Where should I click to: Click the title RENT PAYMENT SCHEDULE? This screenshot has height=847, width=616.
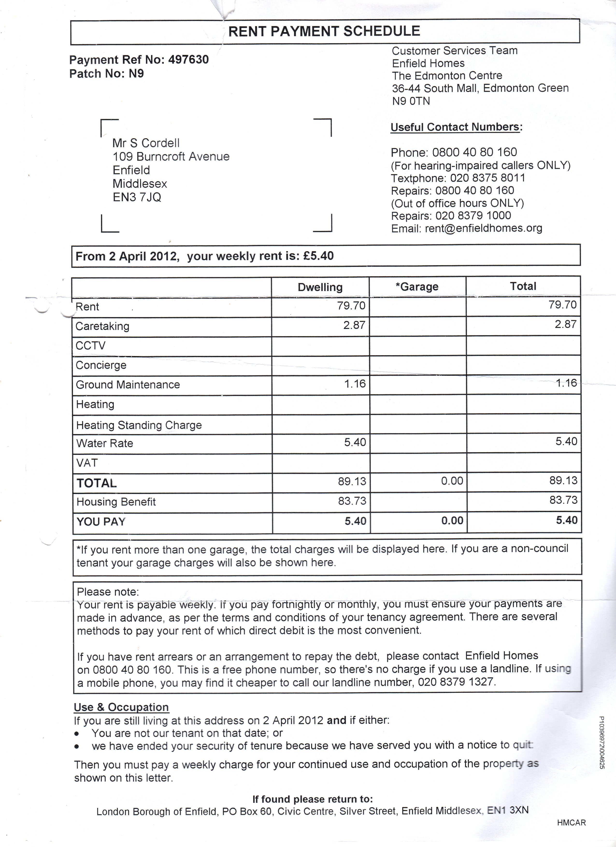pos(324,31)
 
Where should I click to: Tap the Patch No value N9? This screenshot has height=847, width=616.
pos(136,74)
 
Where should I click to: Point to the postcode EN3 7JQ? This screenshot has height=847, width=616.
pos(137,197)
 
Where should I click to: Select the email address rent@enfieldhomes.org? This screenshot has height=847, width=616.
pos(483,228)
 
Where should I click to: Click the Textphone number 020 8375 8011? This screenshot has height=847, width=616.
pos(487,178)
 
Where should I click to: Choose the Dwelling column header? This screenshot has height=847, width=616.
pos(320,287)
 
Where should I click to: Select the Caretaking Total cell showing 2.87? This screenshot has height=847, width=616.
pos(565,324)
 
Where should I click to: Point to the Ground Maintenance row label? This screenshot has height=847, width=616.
pos(128,385)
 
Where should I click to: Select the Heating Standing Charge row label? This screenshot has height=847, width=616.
pos(139,425)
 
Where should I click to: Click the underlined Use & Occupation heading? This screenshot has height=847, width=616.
pos(121,707)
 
